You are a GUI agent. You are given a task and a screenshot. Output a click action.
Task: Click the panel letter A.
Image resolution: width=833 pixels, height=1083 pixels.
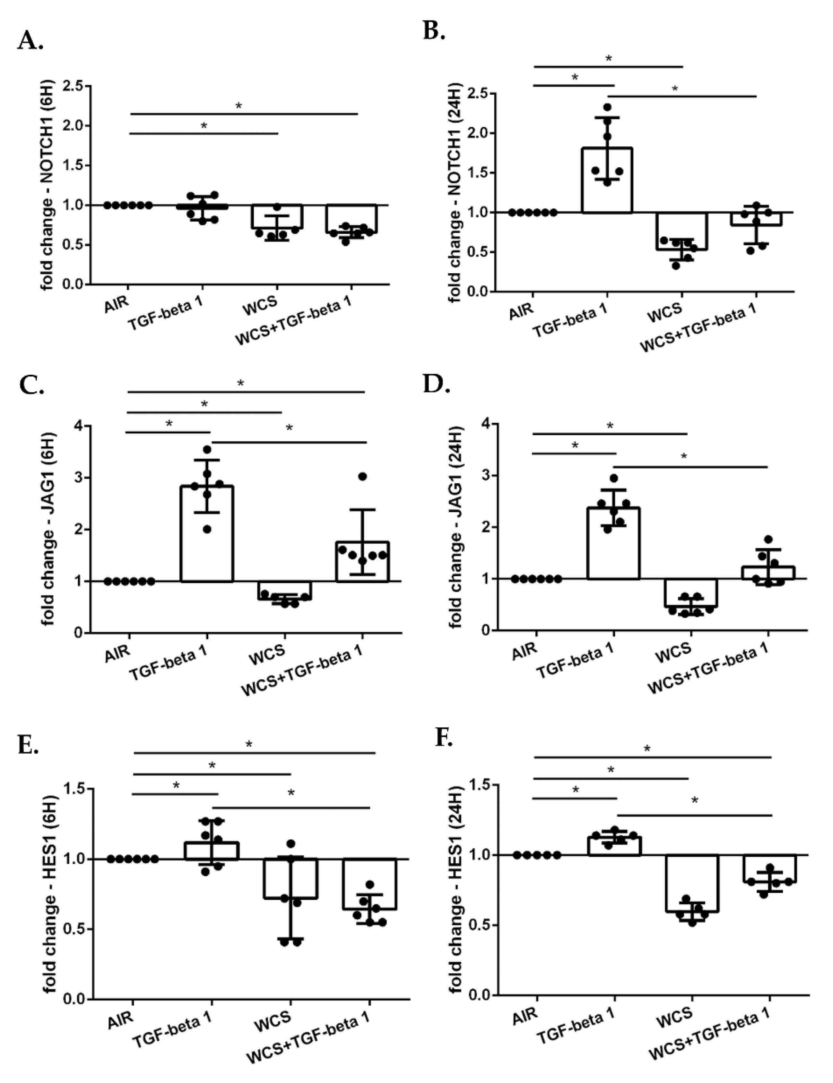click(x=30, y=41)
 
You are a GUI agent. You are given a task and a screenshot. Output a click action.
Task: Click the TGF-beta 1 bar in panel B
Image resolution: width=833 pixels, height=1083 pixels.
click(x=607, y=180)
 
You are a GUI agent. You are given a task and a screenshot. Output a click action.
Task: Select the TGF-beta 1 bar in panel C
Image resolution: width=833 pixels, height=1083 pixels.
click(x=207, y=534)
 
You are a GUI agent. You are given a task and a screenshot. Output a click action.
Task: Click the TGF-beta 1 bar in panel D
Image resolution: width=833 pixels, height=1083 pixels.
click(x=614, y=543)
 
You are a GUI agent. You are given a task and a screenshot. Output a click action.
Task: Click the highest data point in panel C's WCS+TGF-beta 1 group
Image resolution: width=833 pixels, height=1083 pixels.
click(x=362, y=477)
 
